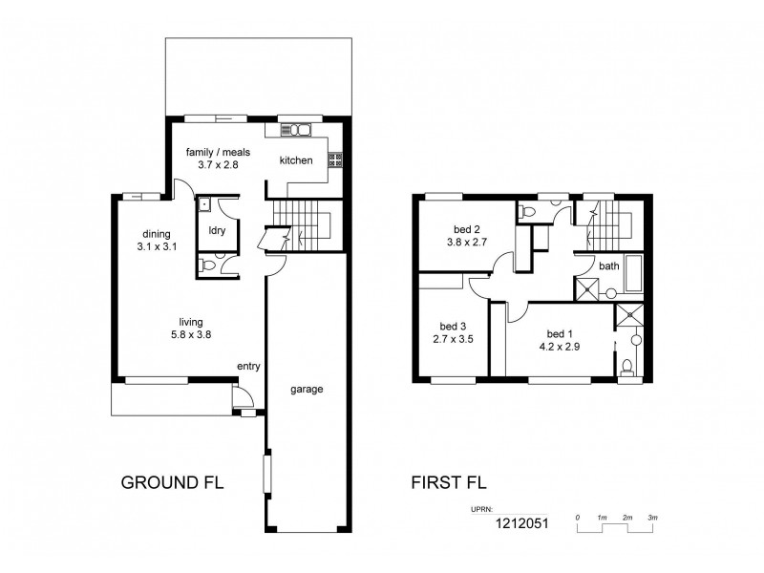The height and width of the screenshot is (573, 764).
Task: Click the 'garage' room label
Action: click(x=308, y=390)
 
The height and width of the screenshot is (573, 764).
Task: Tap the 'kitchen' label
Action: click(x=296, y=160)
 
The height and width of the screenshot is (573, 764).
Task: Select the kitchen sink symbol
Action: click(x=297, y=130)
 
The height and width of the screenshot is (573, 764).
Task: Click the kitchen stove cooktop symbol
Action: click(x=335, y=160)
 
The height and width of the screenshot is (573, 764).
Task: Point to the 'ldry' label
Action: click(x=216, y=230)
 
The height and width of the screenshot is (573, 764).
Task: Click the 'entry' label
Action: click(x=249, y=366)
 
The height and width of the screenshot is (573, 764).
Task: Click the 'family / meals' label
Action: click(x=218, y=152)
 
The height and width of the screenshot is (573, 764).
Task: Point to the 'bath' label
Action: click(x=609, y=266)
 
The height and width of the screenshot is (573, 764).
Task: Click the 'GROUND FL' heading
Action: click(x=172, y=483)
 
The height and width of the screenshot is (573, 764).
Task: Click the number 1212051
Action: click(x=520, y=523)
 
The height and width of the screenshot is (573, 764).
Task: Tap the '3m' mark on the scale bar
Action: click(x=651, y=517)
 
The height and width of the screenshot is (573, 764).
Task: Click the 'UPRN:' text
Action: click(x=481, y=510)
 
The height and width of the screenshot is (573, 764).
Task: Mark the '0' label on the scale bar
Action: click(x=578, y=517)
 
